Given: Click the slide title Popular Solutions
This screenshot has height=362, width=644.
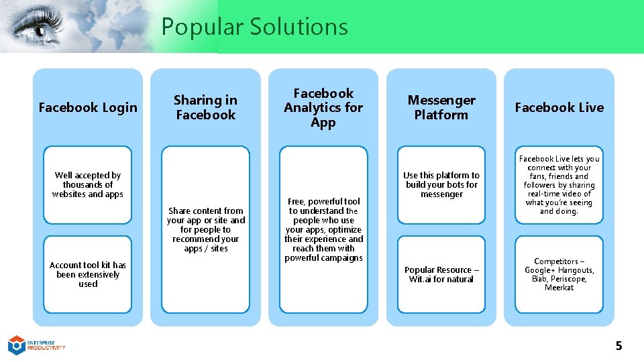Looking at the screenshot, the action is [x=254, y=27].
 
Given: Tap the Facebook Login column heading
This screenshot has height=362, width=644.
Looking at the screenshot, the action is [x=88, y=107].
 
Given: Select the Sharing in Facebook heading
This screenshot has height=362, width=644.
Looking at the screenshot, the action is [x=205, y=107].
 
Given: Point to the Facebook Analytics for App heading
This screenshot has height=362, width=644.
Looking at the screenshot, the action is [x=323, y=107].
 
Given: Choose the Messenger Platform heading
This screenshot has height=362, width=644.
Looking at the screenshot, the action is [x=441, y=107].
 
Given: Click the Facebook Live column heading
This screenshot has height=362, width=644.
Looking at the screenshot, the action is [x=559, y=107].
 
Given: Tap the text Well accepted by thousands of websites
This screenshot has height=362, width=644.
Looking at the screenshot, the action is [x=88, y=184].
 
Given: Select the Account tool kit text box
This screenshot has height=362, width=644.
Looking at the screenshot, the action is [x=88, y=274].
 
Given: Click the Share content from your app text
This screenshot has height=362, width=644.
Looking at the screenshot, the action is [x=206, y=229].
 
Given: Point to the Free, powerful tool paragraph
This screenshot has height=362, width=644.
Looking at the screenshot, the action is [x=323, y=229].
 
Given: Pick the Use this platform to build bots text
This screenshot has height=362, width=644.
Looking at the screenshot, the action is [x=441, y=184].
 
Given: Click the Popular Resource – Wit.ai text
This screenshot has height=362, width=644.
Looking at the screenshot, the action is [x=441, y=274].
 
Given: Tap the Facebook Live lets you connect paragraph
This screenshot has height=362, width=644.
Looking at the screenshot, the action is [x=559, y=184].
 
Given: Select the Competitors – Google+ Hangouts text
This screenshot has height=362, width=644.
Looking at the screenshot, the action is [x=559, y=274].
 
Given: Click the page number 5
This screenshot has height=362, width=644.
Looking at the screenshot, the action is [x=619, y=346].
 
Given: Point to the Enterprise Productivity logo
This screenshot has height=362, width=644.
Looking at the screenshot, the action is [x=36, y=345].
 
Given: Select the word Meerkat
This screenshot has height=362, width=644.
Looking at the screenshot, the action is [x=559, y=288].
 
